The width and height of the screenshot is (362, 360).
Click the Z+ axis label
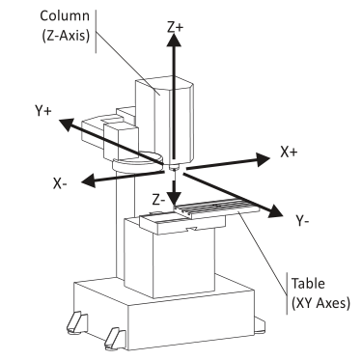(175, 27)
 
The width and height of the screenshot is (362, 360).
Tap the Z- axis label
(158, 200)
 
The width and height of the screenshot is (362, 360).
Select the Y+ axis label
(42, 111)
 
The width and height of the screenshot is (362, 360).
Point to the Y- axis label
(302, 221)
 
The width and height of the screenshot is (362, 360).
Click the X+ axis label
(289, 152)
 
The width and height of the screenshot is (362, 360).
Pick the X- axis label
(60, 184)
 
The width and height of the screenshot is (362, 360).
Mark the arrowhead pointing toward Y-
(274, 211)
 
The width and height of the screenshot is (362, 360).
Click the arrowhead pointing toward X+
(263, 159)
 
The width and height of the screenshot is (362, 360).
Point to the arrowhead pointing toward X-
(89, 181)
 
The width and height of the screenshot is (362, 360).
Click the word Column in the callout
(65, 15)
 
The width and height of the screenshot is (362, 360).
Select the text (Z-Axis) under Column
(66, 36)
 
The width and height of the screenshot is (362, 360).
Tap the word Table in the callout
(308, 284)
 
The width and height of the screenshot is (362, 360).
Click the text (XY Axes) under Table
(320, 303)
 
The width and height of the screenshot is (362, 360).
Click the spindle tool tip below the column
(174, 169)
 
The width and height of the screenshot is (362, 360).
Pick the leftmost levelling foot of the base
(77, 321)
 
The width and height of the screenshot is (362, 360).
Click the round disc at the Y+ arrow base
(137, 162)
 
